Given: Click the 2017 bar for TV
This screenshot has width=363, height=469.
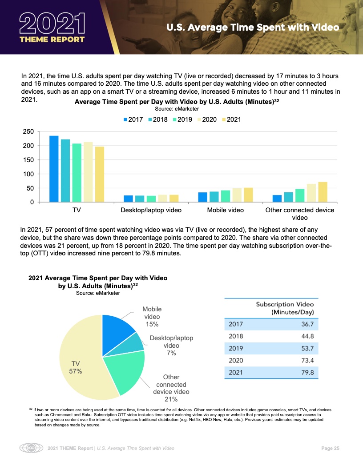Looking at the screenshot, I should pos(54,169).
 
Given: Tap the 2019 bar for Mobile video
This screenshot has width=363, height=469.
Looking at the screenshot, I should pos(226,196).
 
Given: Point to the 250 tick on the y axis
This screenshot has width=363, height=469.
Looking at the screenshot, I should pos(28,132).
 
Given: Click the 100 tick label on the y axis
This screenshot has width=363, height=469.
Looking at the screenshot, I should pos(28,174).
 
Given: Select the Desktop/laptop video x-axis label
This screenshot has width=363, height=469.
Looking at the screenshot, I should pos(151,210).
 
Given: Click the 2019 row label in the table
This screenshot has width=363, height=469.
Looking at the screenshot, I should pos(236,348).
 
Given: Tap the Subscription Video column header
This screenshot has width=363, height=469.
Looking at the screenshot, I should pos(285,308).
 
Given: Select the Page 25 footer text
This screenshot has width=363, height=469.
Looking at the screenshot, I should pos(331,448).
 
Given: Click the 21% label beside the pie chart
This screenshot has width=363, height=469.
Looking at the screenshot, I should pos(171,399).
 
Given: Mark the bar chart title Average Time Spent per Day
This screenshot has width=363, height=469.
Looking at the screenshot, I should pos(177,102).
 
